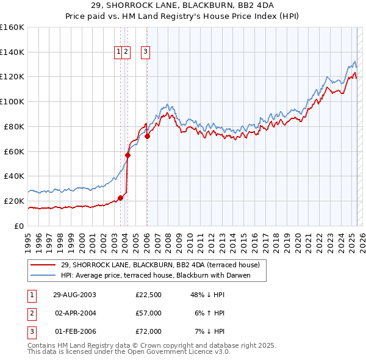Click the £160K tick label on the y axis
12,27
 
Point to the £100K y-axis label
12,102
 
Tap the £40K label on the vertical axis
13,176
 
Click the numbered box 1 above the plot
118,52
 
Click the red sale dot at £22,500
121,198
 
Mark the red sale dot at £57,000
127,155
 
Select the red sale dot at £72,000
147,136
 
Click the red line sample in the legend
43,265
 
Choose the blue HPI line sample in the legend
43,275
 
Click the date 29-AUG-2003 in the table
75,295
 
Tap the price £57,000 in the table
148,313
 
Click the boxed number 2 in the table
30,313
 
